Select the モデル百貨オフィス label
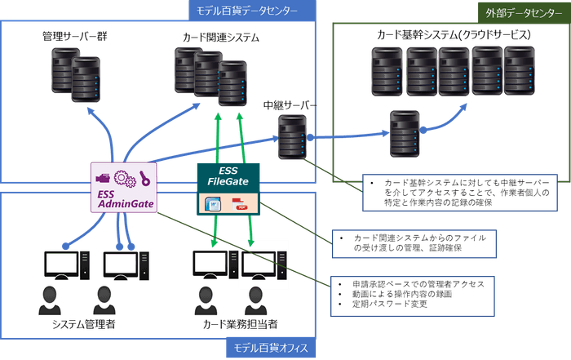pos(272,349)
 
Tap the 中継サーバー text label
pos(290,107)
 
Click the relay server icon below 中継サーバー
pos(292,136)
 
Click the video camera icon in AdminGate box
pos(104,177)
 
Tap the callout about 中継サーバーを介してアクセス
pos(457,191)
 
